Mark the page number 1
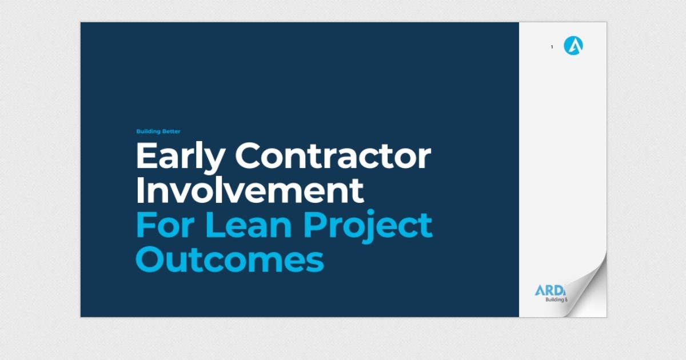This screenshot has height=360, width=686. pyautogui.click(x=552, y=47)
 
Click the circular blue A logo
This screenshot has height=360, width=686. pyautogui.click(x=573, y=46)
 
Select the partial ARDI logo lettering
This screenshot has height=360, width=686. pyautogui.click(x=549, y=290)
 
